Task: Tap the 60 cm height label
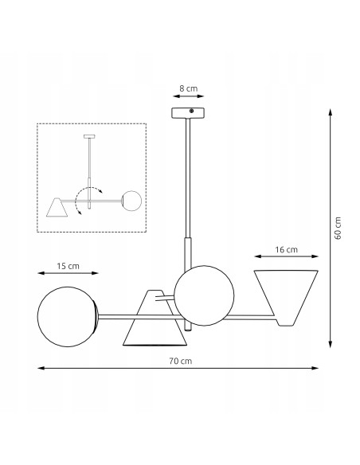338,229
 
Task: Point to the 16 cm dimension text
286,248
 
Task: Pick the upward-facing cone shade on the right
286,295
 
